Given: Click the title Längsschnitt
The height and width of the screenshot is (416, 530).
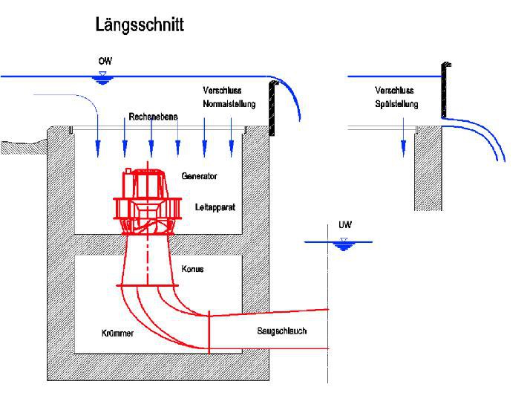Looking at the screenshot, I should pos(140,25).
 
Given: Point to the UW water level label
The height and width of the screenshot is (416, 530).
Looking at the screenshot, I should pos(344,224).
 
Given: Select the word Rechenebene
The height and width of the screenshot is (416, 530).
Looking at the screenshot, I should pos(151,117).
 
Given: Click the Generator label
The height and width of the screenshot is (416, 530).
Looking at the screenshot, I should pos(199,176).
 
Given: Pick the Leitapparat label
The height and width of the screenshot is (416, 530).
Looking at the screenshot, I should pos(215,207).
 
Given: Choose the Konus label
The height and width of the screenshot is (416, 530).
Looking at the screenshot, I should pos(192,268).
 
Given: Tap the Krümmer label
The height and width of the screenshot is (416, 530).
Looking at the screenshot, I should pos(117,334).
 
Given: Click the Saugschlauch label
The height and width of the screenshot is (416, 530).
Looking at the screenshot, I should pos(282,331).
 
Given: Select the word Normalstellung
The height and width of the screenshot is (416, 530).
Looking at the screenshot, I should pos(229,104).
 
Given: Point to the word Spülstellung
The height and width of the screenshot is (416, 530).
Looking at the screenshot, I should pos(396,104).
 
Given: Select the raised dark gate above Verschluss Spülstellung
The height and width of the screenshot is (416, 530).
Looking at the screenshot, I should pos(445,90).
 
